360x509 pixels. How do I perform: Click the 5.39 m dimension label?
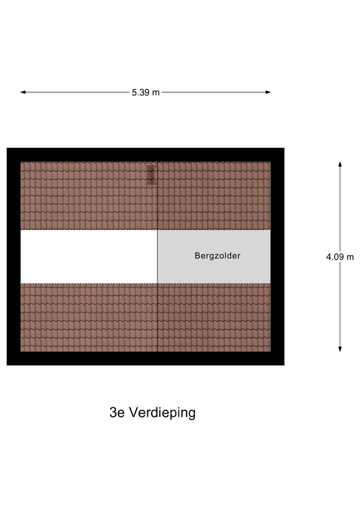coord(145,92)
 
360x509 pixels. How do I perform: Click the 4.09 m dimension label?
coord(340,257)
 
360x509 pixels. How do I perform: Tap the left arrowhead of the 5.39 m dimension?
coord(23,92)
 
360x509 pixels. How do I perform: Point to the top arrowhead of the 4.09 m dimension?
coord(340,164)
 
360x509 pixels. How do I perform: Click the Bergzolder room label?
coord(217,256)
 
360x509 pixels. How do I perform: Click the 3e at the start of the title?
coord(117,413)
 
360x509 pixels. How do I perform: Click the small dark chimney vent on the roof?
coord(152,175)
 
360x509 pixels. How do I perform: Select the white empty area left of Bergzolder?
coord(89,256)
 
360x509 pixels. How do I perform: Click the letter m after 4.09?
coord(350,257)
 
